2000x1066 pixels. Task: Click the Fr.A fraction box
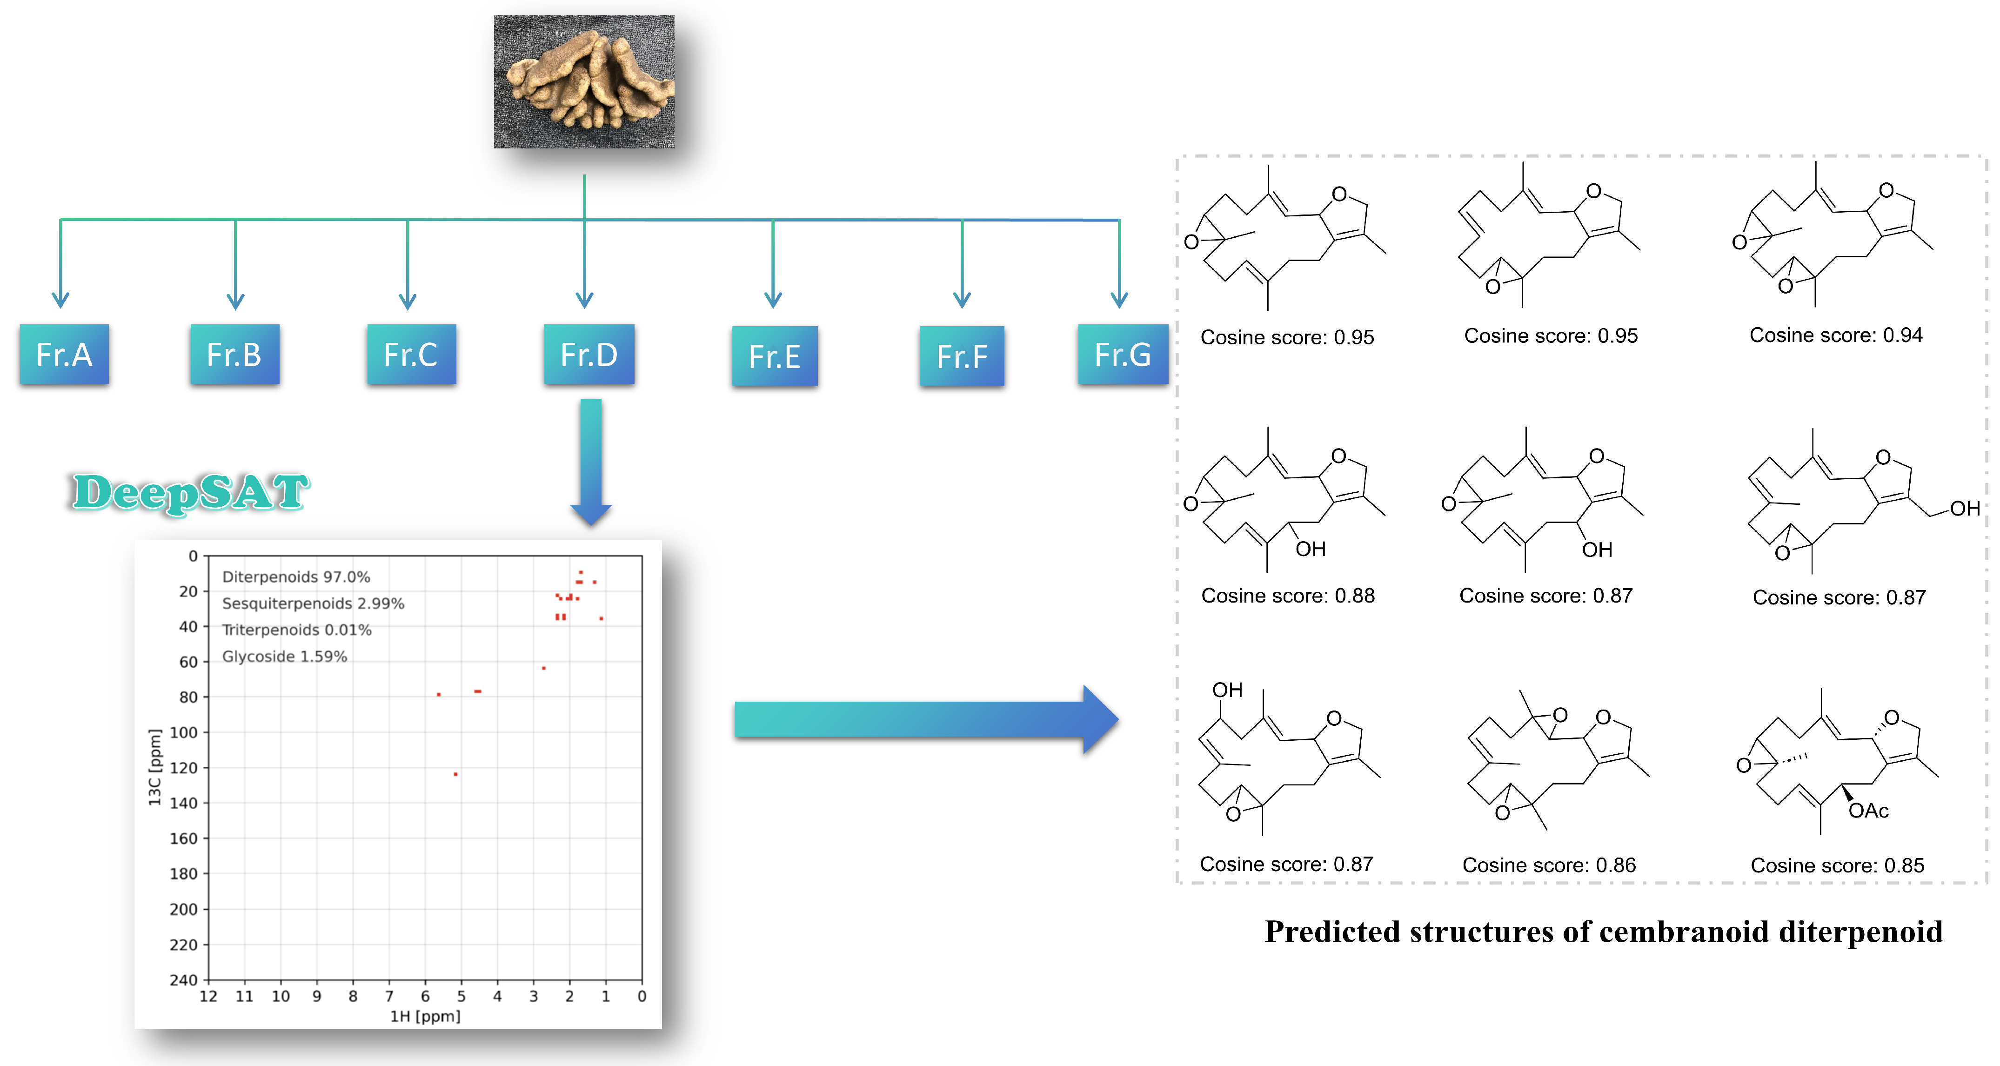65,355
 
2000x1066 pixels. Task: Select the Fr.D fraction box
589,355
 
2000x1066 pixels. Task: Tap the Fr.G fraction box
1123,355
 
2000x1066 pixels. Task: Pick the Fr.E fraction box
774,356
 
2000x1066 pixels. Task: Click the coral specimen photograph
584,81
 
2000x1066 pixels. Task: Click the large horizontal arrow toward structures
924,719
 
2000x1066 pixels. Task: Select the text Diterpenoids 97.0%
296,577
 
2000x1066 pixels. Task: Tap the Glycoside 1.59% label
284,656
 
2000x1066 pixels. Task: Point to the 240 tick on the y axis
184,980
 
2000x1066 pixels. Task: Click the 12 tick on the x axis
208,996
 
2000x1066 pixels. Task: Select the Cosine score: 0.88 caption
1287,596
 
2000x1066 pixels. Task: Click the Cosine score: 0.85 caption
1837,865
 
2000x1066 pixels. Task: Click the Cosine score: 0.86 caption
1549,865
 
